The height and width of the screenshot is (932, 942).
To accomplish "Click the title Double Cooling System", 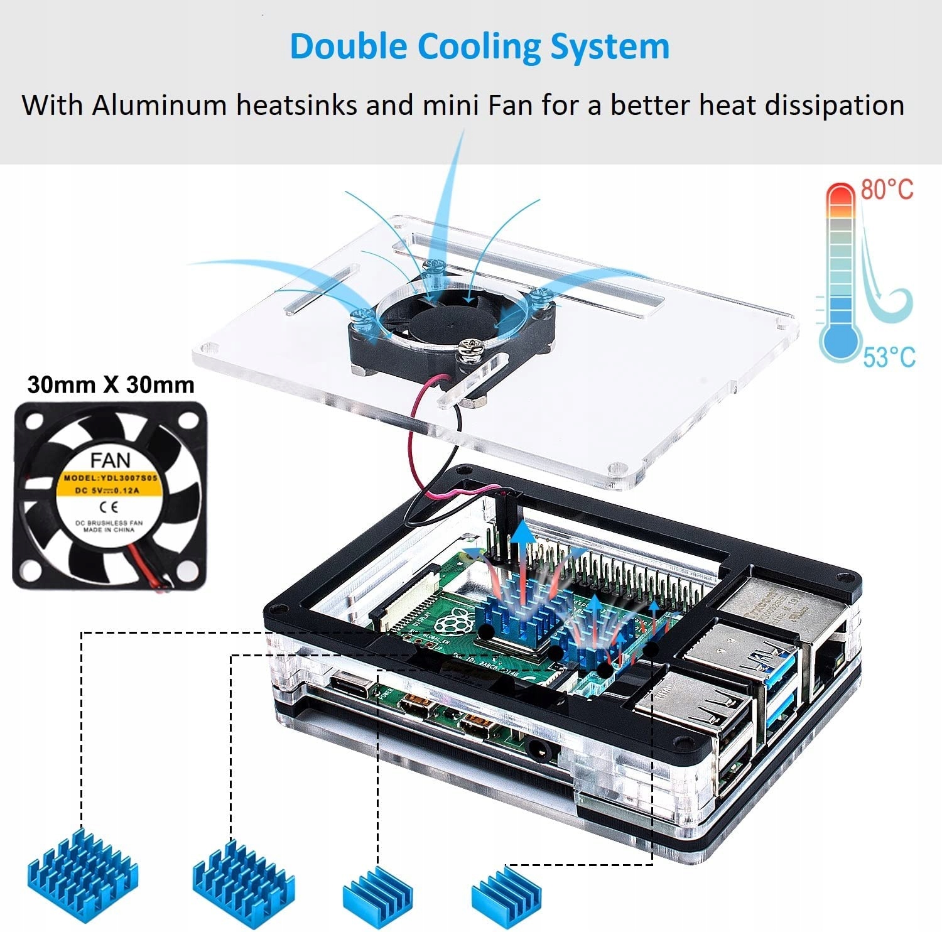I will pyautogui.click(x=479, y=47).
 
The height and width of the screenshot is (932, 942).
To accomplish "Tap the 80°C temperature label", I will pyautogui.click(x=887, y=189).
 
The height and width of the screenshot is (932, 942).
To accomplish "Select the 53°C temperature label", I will pyautogui.click(x=889, y=357).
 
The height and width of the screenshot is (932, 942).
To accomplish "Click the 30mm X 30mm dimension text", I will pyautogui.click(x=111, y=384).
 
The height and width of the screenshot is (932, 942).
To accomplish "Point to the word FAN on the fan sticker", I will pyautogui.click(x=111, y=460).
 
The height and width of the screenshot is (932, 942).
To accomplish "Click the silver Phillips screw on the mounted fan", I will pyautogui.click(x=468, y=345).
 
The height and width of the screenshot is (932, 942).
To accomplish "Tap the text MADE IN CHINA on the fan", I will pyautogui.click(x=109, y=529).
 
